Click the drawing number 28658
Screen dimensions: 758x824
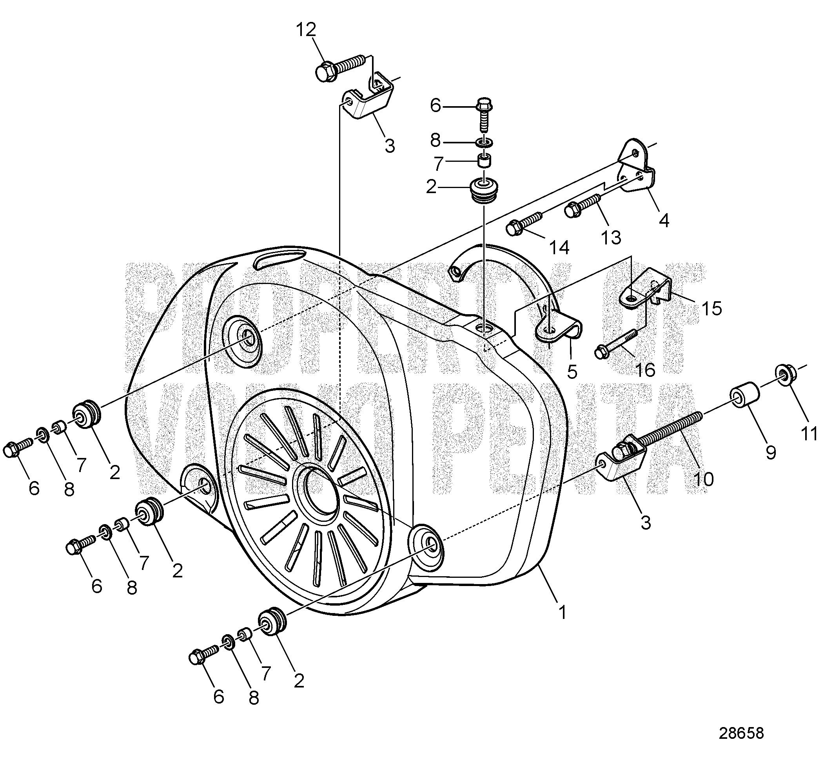[741, 733]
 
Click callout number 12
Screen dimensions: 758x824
[306, 30]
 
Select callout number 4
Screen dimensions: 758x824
[664, 221]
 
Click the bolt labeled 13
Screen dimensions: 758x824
[581, 206]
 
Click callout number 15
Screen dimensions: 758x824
[711, 308]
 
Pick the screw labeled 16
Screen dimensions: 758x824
[616, 341]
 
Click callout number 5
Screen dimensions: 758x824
[572, 372]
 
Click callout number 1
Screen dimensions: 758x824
[562, 613]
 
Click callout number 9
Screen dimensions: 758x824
[771, 452]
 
